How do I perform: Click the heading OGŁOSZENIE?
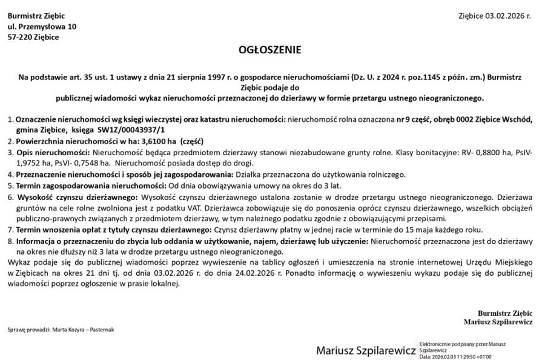(272, 50)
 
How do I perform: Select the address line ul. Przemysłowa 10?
(42, 27)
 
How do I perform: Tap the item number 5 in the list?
(10, 185)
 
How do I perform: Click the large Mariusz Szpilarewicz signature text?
(366, 350)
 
